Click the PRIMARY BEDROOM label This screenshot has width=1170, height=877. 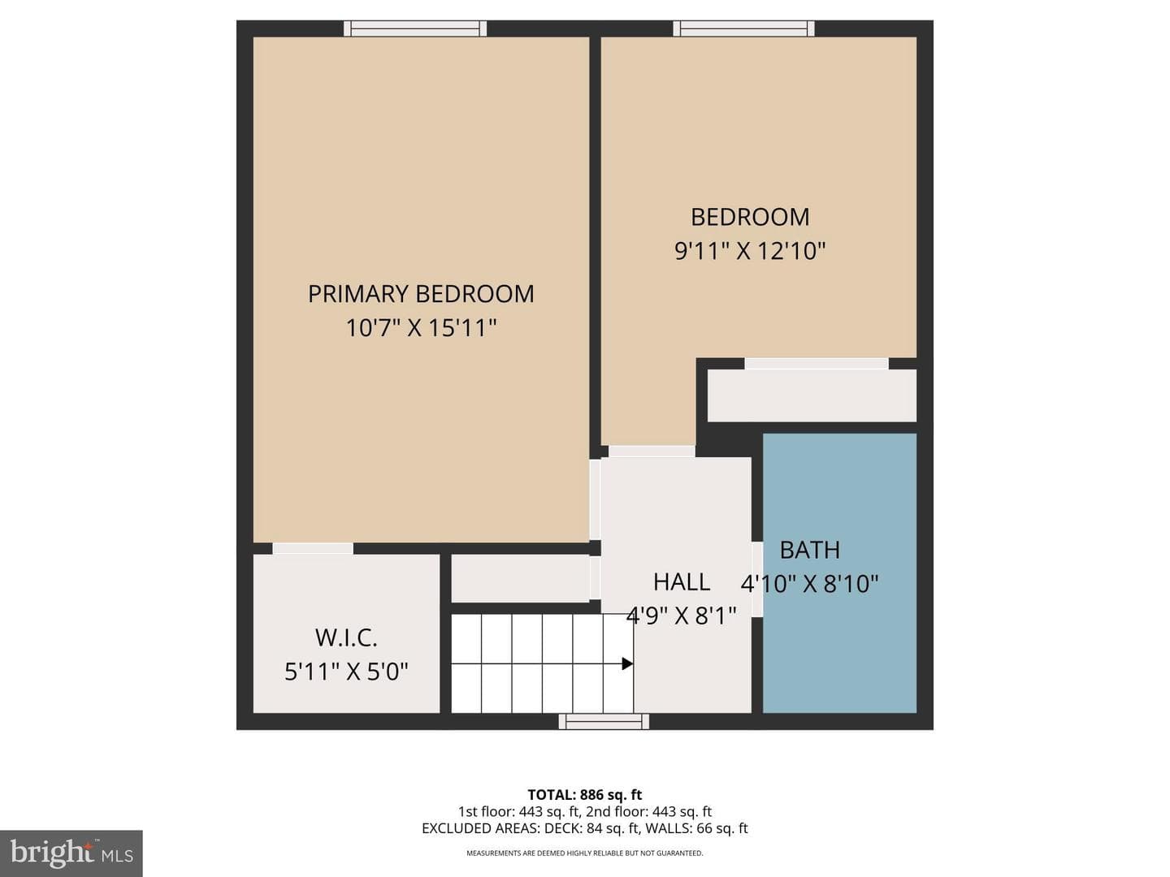pyautogui.click(x=421, y=294)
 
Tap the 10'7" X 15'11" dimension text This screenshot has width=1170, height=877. pyautogui.click(x=421, y=327)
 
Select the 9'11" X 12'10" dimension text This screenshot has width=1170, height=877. pyautogui.click(x=750, y=251)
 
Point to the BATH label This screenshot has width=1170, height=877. pyautogui.click(x=810, y=550)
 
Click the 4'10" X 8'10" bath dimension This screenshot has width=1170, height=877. pyautogui.click(x=809, y=584)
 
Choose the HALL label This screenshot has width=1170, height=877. pyautogui.click(x=681, y=582)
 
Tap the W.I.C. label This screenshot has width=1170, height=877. pyautogui.click(x=346, y=638)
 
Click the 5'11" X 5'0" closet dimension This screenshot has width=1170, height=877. pyautogui.click(x=346, y=672)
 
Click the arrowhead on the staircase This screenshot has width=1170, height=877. pyautogui.click(x=627, y=663)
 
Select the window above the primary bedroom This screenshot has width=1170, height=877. pyautogui.click(x=414, y=28)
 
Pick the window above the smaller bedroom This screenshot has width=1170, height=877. pyautogui.click(x=743, y=28)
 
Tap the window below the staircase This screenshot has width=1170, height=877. pyautogui.click(x=604, y=722)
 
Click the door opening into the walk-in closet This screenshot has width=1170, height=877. pyautogui.click(x=313, y=548)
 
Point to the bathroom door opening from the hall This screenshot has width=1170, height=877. pyautogui.click(x=757, y=579)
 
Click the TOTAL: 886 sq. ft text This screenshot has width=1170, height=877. pyautogui.click(x=585, y=795)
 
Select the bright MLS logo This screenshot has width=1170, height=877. pyautogui.click(x=71, y=853)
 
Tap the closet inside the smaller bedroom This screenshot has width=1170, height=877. pyautogui.click(x=812, y=395)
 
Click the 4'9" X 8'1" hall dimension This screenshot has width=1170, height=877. pyautogui.click(x=681, y=616)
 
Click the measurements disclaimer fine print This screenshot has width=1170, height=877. pyautogui.click(x=585, y=853)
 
